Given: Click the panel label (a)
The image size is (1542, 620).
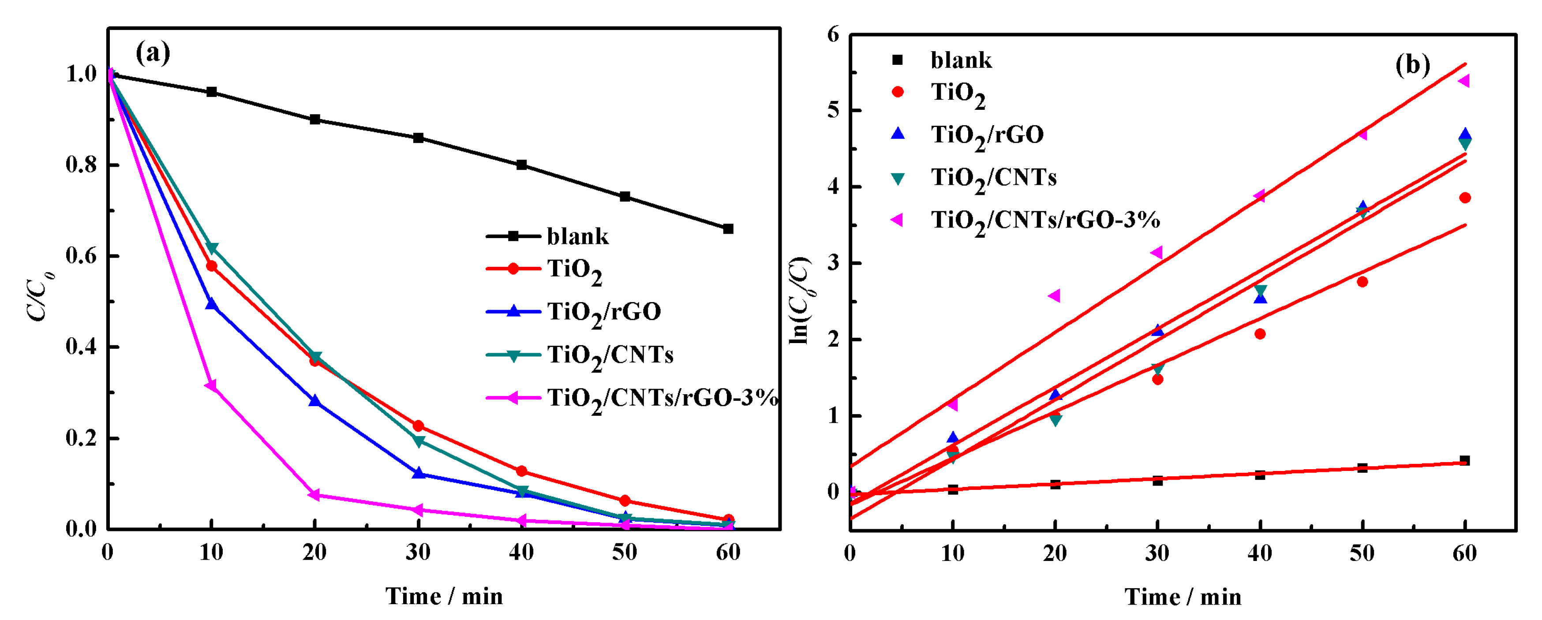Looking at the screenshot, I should (153, 53).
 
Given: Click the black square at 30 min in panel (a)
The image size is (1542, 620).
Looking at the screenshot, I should (419, 138).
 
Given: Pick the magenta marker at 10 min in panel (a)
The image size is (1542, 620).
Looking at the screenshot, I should (211, 385).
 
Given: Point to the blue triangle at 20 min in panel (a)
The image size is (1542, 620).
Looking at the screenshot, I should (315, 400).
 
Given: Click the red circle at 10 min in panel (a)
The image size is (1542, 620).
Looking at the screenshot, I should (211, 266).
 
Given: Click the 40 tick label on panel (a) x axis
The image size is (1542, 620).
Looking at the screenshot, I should (521, 552).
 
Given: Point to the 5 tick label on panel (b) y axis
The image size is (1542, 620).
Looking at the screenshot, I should (833, 111).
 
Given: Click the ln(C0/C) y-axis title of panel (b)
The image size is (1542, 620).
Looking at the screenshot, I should (800, 300).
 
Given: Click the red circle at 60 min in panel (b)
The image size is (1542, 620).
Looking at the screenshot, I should (1465, 198).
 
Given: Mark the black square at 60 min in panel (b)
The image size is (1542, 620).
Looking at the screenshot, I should (1465, 460).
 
